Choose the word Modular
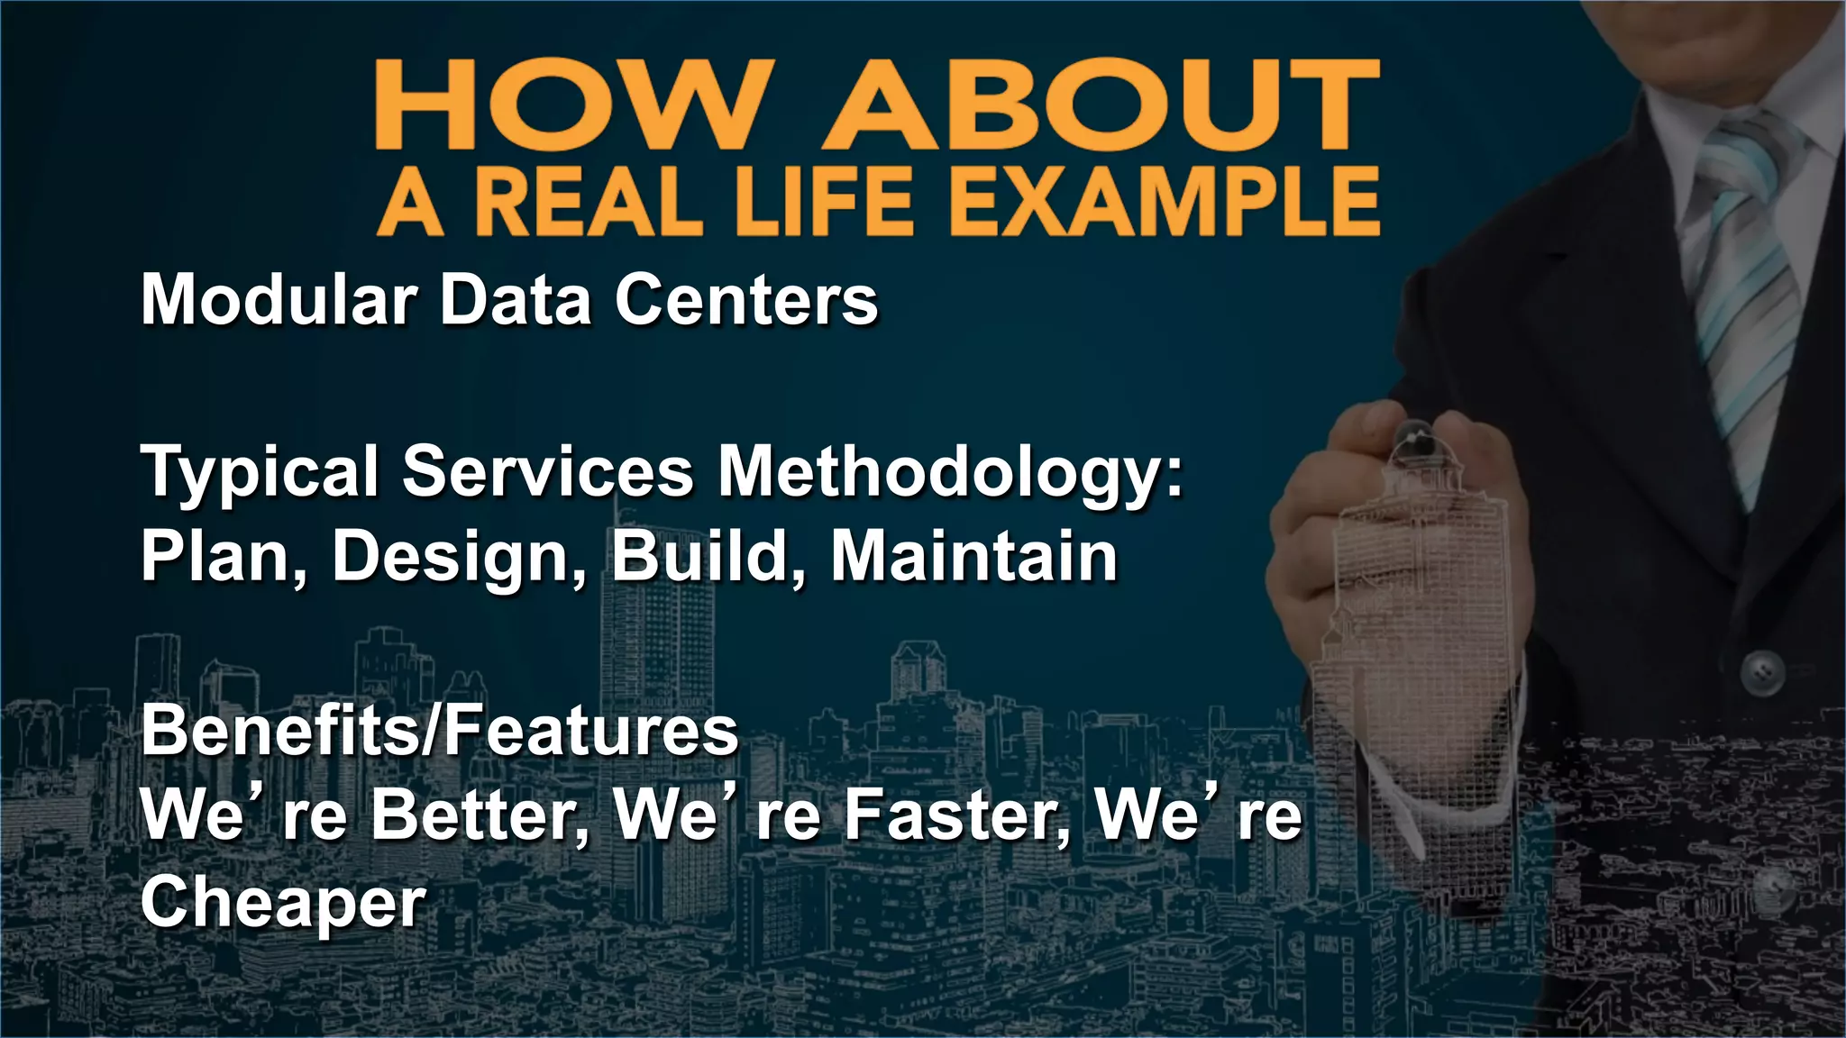tap(279, 299)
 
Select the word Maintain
tap(973, 556)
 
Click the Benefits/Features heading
tap(440, 730)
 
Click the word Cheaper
tap(283, 901)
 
